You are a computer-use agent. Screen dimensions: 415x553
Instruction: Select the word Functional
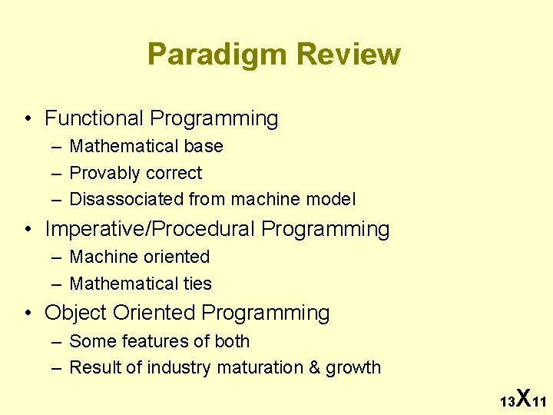coord(94,118)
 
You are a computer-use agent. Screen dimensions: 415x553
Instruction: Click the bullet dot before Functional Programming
coord(28,119)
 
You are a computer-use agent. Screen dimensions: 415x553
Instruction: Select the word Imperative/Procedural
coord(150,230)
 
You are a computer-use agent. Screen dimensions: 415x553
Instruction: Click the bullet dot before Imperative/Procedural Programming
coord(28,230)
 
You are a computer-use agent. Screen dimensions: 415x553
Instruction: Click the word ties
coord(197,284)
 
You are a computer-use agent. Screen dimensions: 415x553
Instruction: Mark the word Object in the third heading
coord(75,314)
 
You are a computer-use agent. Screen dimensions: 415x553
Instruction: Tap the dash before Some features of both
coord(56,341)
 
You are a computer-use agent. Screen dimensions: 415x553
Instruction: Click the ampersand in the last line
coord(315,368)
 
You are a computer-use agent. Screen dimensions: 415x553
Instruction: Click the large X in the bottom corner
coord(522,397)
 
